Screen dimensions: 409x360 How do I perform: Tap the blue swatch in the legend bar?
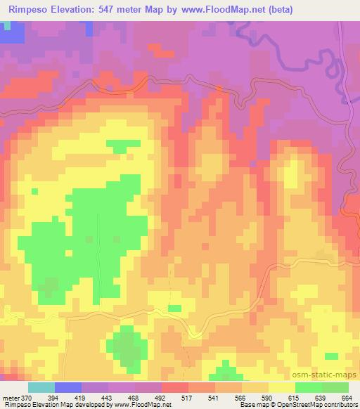[69, 387]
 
